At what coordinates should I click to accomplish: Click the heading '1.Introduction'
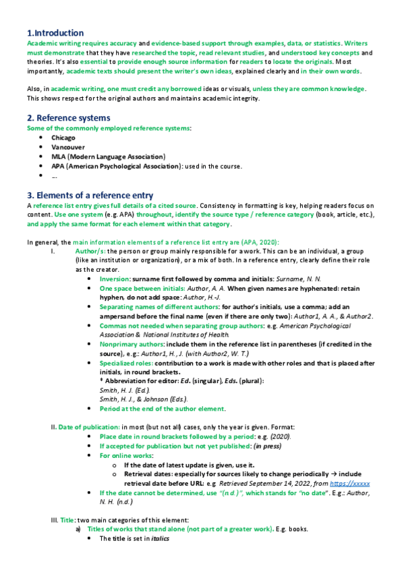point(55,33)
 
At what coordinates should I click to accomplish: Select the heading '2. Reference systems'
point(68,118)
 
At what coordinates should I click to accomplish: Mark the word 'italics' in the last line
point(158,539)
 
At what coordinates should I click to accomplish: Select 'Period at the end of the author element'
point(163,408)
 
